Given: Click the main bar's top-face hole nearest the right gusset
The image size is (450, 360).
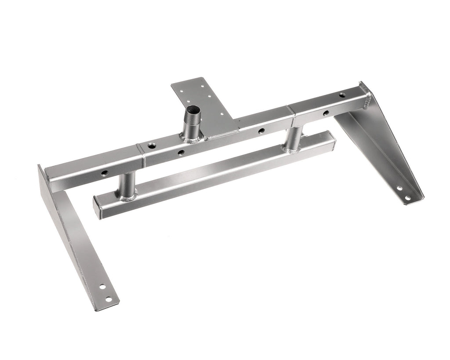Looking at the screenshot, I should click(342, 95).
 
